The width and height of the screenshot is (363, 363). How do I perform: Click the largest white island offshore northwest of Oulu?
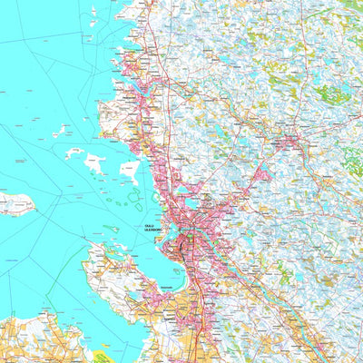(94, 163)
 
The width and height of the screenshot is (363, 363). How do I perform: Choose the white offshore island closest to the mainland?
(128, 171)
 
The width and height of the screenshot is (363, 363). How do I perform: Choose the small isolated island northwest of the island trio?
(59, 132)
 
